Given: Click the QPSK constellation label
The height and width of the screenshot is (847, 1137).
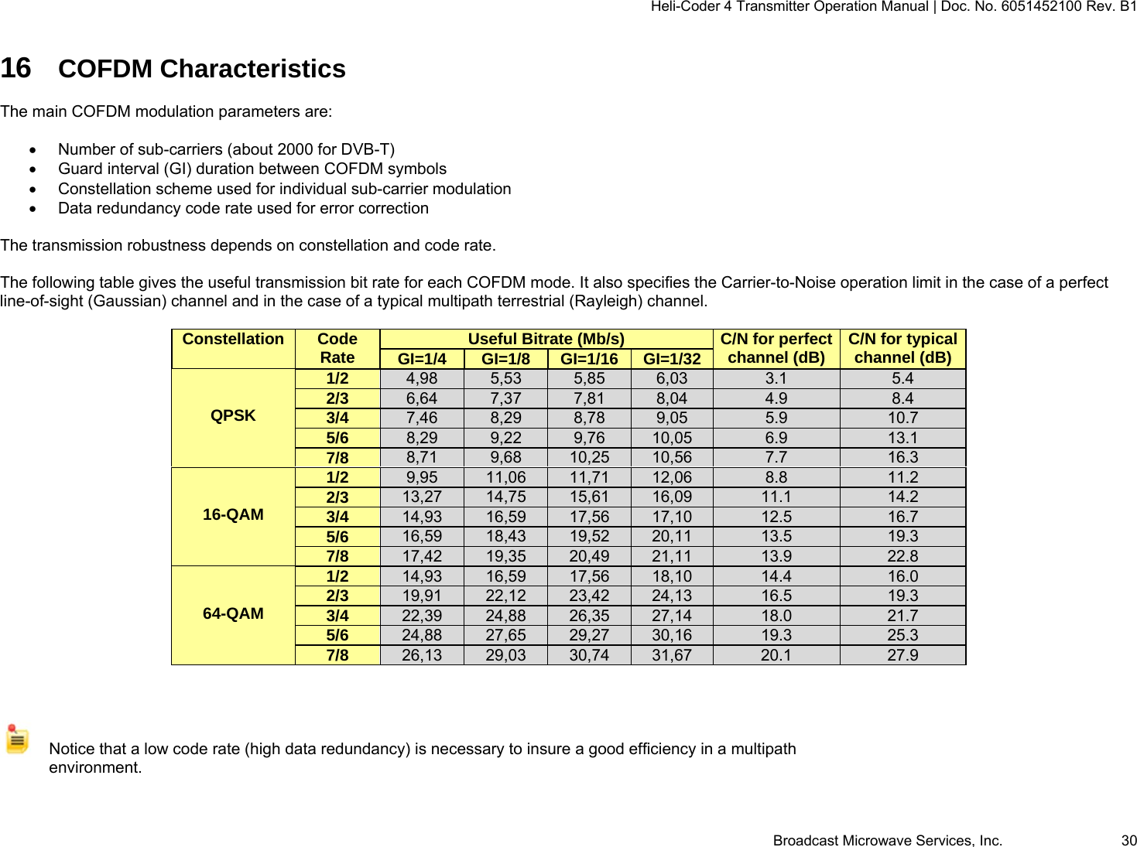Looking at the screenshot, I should (233, 416).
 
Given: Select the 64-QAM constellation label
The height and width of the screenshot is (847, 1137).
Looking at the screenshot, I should (233, 614).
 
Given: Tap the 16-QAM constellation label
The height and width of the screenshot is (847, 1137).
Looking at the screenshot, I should (233, 515).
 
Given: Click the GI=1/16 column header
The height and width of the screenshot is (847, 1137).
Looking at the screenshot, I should (589, 359).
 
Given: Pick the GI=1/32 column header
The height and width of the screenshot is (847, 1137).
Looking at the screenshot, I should (672, 359).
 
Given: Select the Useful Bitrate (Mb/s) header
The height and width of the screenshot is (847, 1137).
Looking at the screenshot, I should (546, 339).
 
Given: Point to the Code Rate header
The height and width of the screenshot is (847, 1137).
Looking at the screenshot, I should (337, 348).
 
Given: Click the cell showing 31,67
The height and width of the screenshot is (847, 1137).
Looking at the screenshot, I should (672, 655).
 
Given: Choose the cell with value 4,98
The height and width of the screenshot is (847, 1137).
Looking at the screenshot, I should (422, 378).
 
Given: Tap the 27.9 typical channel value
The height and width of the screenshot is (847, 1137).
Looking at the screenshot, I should (902, 655).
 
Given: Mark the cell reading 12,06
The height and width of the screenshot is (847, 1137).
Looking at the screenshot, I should (672, 477).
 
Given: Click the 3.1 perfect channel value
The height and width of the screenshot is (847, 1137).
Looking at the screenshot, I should (776, 378).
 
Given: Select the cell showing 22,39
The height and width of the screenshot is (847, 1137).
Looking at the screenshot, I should (422, 616).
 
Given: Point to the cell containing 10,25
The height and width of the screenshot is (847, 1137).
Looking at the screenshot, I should (589, 457).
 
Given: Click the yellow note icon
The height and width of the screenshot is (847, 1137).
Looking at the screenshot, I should (17, 739).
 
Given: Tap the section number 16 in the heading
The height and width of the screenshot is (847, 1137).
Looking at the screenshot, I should (15, 69).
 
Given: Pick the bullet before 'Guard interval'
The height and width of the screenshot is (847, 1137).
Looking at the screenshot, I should (33, 169).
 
